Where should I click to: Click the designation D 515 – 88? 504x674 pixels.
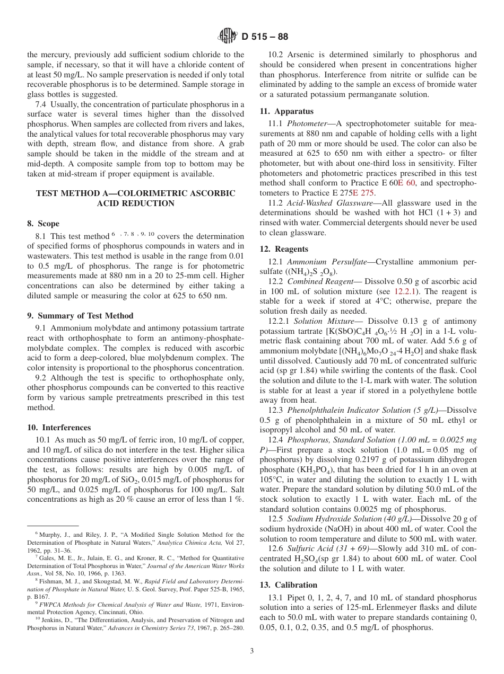pos(265,37)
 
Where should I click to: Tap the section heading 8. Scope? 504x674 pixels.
pos(44,224)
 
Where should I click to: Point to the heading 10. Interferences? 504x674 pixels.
pos(59,428)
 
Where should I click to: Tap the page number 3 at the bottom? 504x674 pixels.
pos(252,651)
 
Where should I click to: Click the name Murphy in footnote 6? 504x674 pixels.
pos(50,535)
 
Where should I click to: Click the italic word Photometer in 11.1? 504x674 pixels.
pos(306,123)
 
